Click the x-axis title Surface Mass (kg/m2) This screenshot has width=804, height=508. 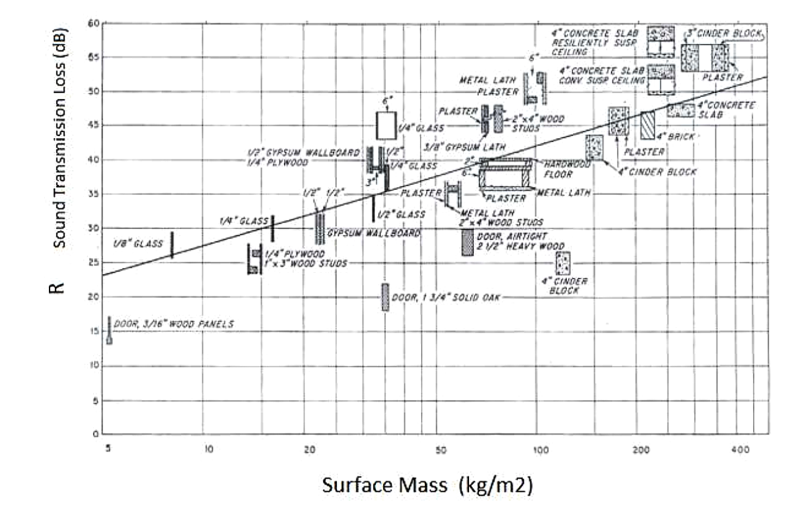click(427, 485)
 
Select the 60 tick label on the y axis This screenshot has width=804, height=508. click(94, 23)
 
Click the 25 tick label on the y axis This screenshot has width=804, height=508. click(94, 263)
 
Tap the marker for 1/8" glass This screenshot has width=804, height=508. click(172, 245)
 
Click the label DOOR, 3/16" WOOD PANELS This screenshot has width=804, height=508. click(174, 324)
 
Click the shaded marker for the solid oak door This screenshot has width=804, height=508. click(385, 297)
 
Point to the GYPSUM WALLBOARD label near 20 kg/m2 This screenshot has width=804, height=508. click(374, 233)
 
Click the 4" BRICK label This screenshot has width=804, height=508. click(671, 136)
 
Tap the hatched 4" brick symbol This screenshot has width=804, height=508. click(647, 125)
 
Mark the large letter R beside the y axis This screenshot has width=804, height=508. click(60, 286)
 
